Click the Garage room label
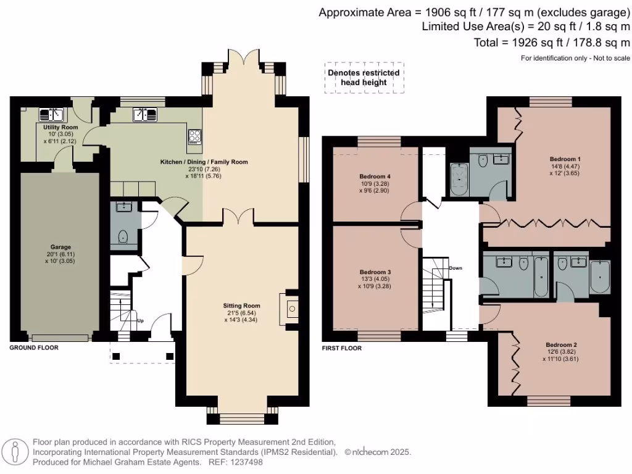(60, 247)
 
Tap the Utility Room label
(60, 127)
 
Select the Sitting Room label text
(241, 306)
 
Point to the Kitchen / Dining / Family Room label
(204, 162)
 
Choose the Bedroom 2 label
(561, 344)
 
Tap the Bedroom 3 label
(375, 272)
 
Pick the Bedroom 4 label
(375, 176)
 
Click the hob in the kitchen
(194, 137)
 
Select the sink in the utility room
(52, 115)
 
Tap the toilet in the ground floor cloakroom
(123, 237)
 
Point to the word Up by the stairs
(140, 321)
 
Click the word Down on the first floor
(455, 268)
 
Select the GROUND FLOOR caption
(34, 347)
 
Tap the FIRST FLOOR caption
(342, 348)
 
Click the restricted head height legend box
(364, 78)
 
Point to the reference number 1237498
(247, 462)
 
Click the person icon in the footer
(15, 451)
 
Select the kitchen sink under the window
(145, 115)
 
